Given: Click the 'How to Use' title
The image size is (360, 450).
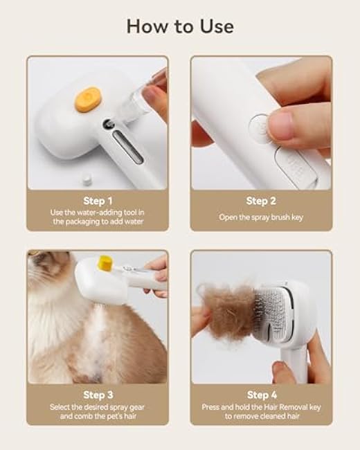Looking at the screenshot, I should [179, 26].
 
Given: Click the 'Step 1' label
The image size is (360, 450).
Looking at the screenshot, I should [97, 201].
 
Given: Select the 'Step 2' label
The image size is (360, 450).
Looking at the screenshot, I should [261, 201].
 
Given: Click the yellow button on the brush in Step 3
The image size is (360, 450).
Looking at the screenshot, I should [105, 262].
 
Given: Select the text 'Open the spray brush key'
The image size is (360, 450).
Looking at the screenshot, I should [261, 217].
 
